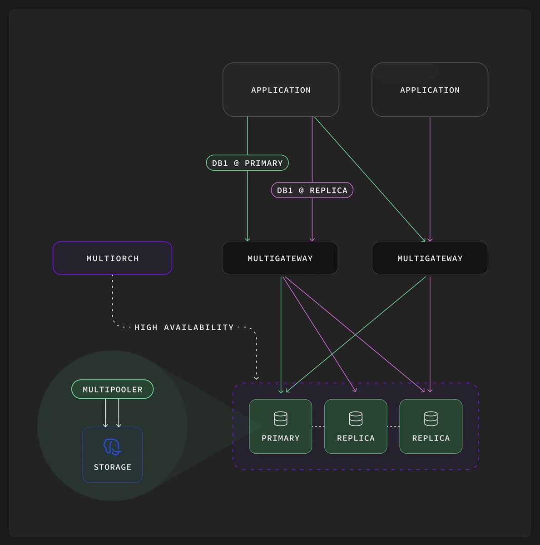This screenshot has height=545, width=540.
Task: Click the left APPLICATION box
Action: pos(281,89)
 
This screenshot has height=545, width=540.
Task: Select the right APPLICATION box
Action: pos(430,89)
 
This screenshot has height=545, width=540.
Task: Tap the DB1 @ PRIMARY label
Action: pos(247,163)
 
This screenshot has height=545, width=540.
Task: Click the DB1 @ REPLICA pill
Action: pos(312,190)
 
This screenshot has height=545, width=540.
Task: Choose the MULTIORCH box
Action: pos(112,258)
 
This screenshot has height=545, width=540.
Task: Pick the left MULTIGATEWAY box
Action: pos(280,258)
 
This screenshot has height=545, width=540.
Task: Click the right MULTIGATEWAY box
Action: pos(430,258)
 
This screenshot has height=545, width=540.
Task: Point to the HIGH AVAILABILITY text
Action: pos(184,327)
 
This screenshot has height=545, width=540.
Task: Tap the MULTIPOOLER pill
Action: pos(112,389)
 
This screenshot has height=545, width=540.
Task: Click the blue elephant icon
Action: pos(112,447)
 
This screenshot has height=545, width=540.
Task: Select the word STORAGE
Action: pos(112,467)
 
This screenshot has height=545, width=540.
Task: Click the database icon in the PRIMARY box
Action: pos(281,419)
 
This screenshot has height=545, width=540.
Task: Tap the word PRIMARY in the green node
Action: pos(280,438)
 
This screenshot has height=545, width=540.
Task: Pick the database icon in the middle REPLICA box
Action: pos(356,419)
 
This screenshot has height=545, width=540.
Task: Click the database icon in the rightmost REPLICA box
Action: pos(431,419)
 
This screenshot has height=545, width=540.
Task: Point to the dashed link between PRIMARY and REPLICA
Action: pos(318,426)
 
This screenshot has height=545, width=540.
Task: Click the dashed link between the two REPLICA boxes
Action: pos(393,426)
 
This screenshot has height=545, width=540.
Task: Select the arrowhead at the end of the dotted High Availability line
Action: pos(256,378)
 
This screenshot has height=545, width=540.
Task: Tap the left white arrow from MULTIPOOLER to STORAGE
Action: pos(105,413)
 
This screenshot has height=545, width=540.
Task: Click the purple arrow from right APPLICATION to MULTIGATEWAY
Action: pos(430,179)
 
